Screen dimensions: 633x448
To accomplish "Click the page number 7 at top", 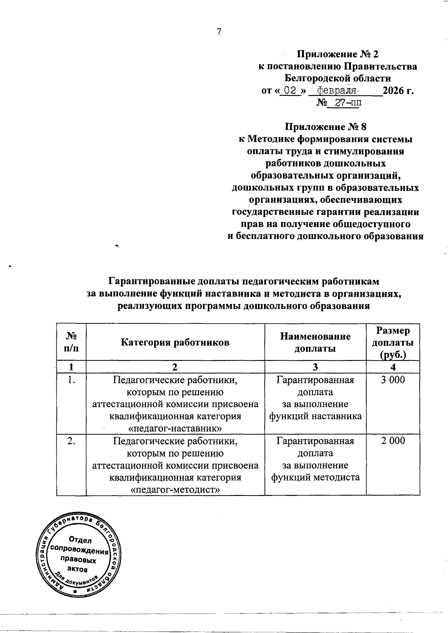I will pos(219,32).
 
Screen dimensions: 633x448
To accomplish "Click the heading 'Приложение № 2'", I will pos(337,55).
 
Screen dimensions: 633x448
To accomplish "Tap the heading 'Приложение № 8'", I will pos(326,127).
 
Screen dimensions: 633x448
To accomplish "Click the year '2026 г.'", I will pos(398,90).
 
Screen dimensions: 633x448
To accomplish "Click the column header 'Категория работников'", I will pos(175,342).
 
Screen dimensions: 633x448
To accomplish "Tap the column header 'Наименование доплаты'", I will pos(315,342).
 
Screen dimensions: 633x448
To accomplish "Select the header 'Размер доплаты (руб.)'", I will pos(393,342).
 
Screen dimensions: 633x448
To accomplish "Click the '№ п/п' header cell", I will pos(71,342).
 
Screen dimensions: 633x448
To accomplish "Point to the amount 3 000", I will pos(393,380).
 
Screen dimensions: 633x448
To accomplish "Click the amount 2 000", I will pos(393,441).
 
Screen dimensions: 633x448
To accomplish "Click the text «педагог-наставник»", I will pos(175,428).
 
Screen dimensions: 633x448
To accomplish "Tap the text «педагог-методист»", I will pos(175,489).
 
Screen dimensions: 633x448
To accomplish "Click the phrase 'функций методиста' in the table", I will pos(315,477).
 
